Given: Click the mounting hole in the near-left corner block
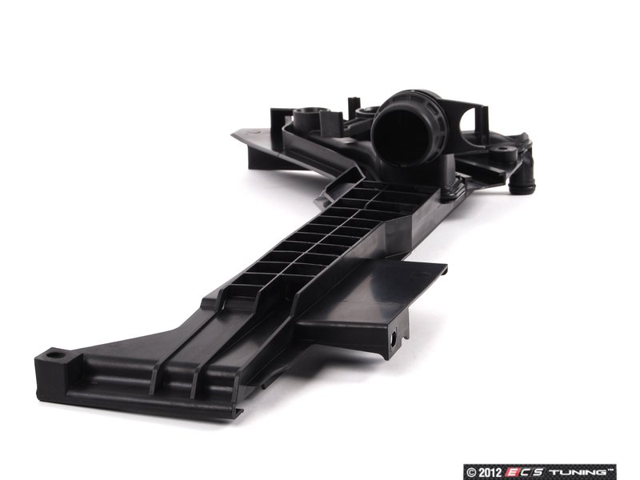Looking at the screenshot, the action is tap(52, 355).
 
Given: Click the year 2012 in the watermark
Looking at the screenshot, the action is tap(490, 472).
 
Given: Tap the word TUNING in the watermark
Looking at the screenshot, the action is tap(581, 472).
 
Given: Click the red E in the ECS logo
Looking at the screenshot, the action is tap(512, 472).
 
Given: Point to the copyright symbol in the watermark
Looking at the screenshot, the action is tap(471, 473).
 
